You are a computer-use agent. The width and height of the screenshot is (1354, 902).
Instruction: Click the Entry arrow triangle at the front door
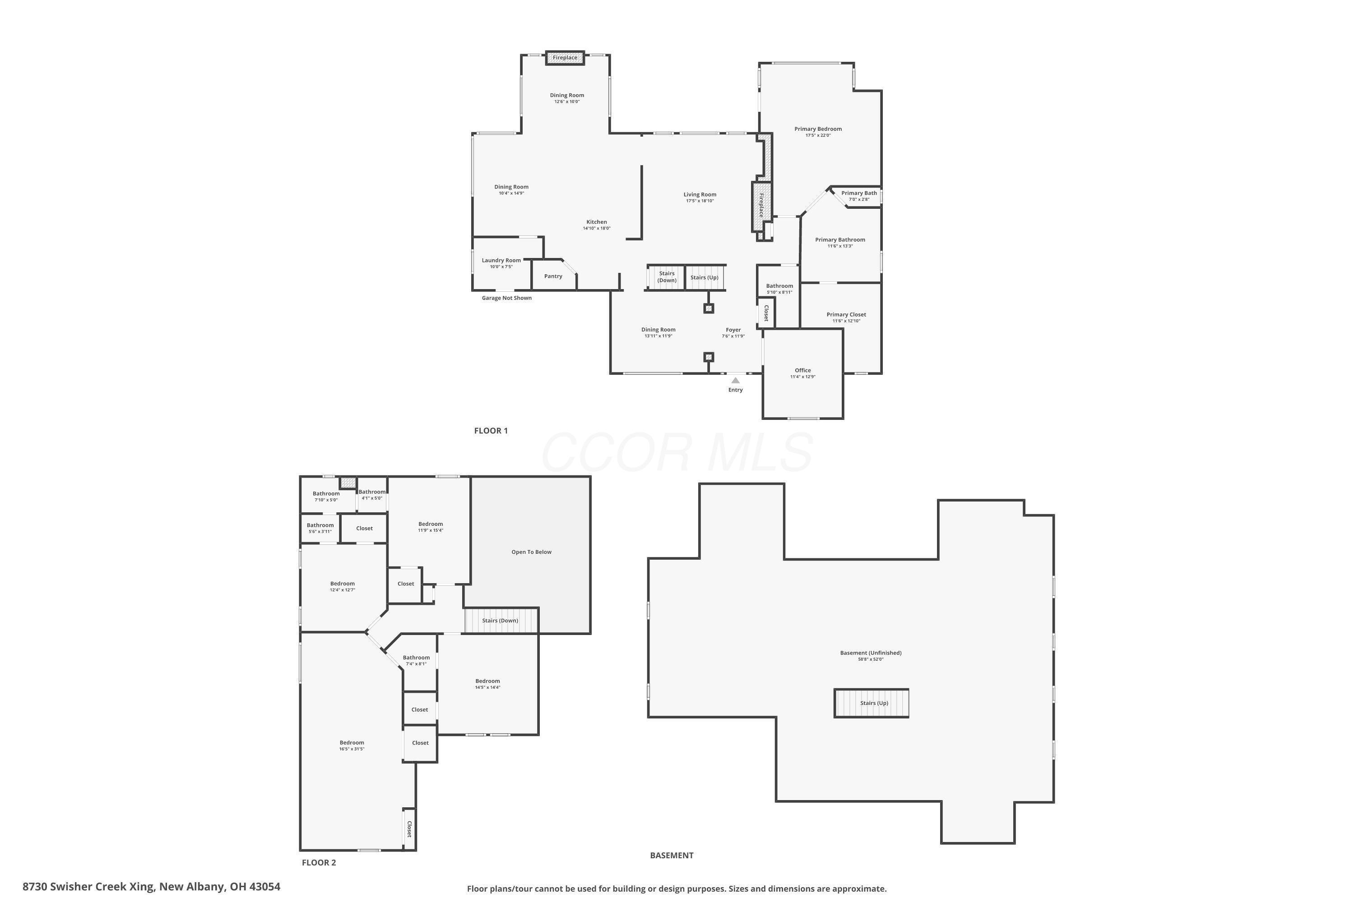[x=735, y=380]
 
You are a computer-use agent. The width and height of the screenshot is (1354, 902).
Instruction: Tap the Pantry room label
[x=552, y=276]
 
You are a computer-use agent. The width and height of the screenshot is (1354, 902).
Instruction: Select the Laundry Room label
[x=501, y=261]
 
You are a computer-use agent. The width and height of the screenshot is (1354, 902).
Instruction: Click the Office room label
[x=802, y=370]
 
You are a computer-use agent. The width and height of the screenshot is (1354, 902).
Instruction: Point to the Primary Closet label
[x=846, y=315]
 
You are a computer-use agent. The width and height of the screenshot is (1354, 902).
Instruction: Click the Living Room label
[x=700, y=194]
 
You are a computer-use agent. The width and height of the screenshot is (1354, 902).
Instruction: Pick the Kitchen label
[x=596, y=222]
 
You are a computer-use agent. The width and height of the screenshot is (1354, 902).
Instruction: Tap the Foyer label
[x=733, y=330]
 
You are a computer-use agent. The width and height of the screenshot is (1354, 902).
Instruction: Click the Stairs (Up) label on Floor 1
[x=704, y=277]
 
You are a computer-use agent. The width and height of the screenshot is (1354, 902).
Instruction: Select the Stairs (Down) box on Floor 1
[x=666, y=277]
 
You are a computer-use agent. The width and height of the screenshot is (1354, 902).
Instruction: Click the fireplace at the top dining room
[x=565, y=58]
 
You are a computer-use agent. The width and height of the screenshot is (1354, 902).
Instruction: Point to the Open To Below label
[x=531, y=552]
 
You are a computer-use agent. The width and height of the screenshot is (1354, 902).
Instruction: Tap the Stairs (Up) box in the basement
[x=871, y=703]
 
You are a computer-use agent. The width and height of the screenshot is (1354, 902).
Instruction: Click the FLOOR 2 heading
[x=318, y=863]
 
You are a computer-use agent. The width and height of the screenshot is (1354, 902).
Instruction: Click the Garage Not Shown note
[x=506, y=298]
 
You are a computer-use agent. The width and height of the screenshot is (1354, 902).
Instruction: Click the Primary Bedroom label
[x=817, y=129]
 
